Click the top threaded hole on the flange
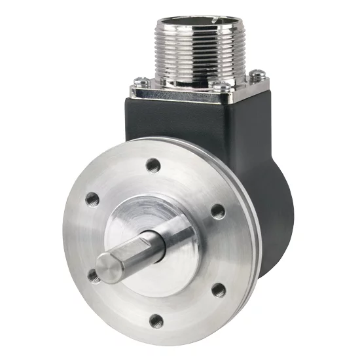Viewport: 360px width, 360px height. coord(153,164)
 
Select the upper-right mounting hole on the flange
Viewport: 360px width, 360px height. coord(217,211)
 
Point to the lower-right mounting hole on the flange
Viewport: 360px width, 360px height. coord(219,289)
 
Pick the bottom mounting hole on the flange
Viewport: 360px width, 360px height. coord(156,321)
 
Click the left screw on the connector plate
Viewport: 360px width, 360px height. coord(138,83)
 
